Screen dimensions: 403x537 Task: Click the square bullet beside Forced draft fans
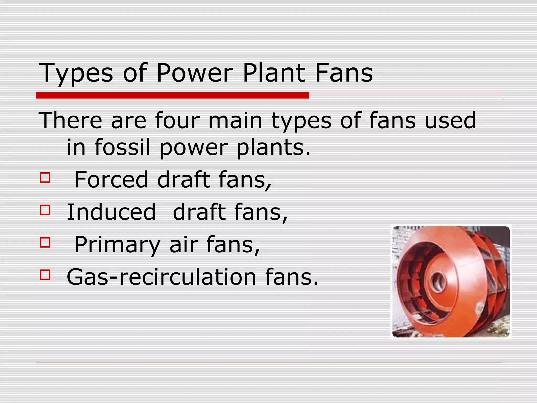[x=45, y=177]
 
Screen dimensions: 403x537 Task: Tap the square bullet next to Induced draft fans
[x=45, y=210]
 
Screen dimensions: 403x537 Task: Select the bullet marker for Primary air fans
[x=45, y=242]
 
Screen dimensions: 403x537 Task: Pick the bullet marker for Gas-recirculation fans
[x=45, y=275]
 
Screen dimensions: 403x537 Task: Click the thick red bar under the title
[x=172, y=95]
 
